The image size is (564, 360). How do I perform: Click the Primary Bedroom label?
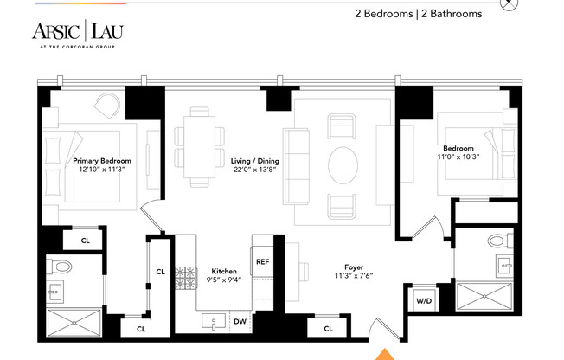102,166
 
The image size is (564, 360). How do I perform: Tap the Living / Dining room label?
254,166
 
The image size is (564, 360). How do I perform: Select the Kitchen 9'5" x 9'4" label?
224,275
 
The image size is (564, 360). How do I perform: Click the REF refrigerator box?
262,259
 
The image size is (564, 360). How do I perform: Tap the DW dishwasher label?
240,321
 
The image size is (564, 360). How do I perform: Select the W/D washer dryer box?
424,301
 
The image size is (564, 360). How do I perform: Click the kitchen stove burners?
186,278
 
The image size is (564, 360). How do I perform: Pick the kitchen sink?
213,322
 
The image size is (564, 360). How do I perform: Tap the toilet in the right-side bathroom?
497,241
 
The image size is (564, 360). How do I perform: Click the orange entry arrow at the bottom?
382,353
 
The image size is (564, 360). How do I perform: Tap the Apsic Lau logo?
79,33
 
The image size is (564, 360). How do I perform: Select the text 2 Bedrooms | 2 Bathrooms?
418,14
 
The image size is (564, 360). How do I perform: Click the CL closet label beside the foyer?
328,329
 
